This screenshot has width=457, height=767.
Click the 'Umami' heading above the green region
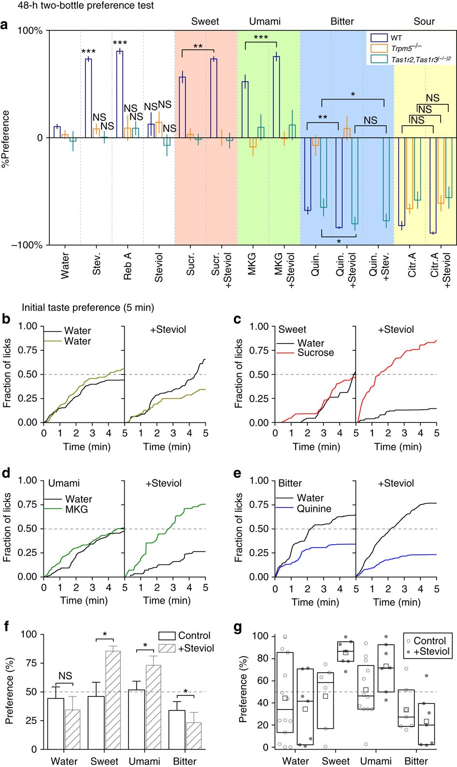click(265, 21)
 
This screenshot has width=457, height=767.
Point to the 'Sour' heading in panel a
click(424, 21)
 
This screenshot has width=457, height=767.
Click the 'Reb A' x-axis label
click(128, 265)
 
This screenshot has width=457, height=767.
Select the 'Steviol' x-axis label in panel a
click(159, 266)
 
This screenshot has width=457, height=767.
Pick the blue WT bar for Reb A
click(120, 94)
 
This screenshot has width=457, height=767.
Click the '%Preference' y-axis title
click(6, 139)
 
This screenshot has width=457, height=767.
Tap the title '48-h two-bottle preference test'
click(77, 5)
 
